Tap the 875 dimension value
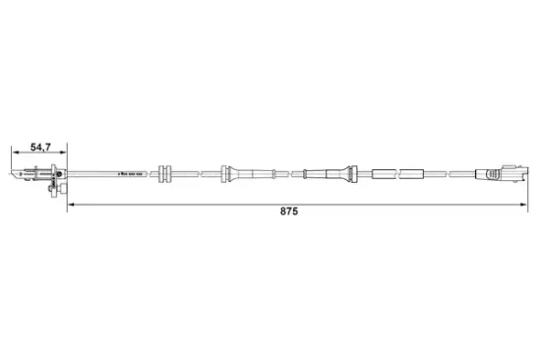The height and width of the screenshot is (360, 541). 289,211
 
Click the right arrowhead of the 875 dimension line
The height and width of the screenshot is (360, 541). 525,204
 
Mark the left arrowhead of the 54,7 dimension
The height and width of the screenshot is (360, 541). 15,152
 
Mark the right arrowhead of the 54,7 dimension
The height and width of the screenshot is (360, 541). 65,152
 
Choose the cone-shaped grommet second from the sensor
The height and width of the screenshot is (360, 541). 227,174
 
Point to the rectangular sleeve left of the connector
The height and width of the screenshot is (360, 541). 412,174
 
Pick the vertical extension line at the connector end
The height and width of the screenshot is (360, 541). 528,187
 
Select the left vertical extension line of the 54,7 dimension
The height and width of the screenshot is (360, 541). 12,160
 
